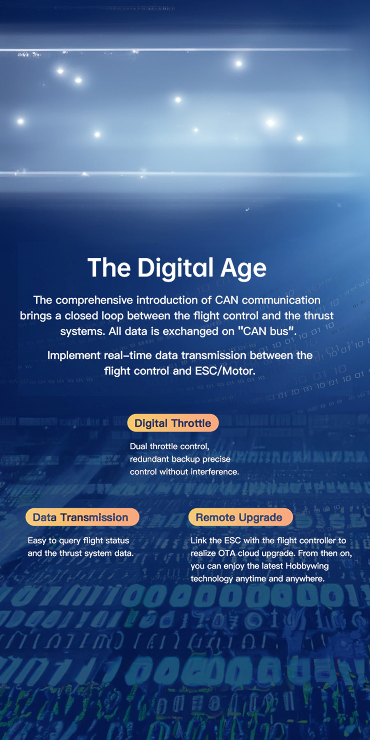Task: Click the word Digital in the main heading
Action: [x=176, y=268]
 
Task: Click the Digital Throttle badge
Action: [x=173, y=423]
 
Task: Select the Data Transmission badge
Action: [x=82, y=517]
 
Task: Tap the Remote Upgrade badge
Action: [x=240, y=517]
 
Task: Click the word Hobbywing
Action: [x=307, y=566]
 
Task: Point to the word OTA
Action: [x=227, y=553]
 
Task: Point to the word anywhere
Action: [x=305, y=578]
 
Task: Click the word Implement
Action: [x=74, y=356]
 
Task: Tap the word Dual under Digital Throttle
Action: [x=139, y=446]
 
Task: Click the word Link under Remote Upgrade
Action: [x=198, y=540]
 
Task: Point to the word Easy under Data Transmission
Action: [x=37, y=541]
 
